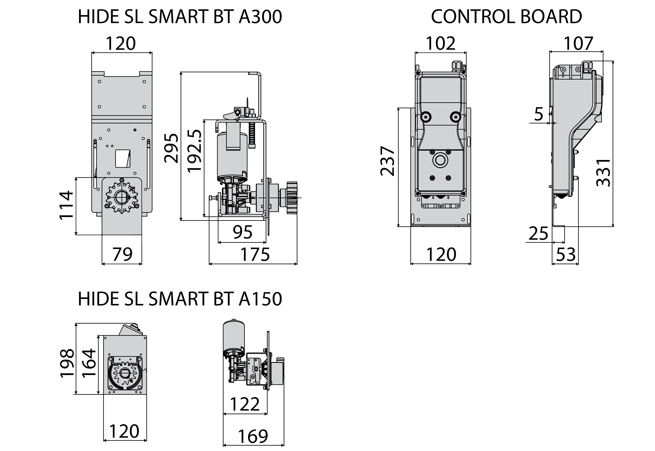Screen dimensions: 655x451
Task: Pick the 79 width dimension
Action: (122, 254)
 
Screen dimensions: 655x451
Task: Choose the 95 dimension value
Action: (243, 232)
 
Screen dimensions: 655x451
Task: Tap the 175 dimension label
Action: (255, 254)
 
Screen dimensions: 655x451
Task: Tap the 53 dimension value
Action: (566, 254)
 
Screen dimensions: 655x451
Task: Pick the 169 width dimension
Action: (253, 436)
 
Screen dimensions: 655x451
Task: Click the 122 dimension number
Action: (245, 404)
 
